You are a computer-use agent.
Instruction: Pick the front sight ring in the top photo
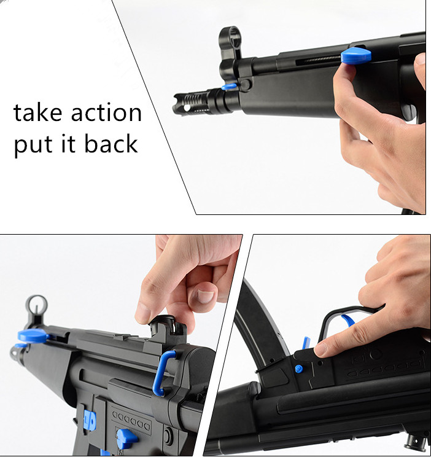(230, 38)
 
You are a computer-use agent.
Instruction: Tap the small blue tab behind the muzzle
(230, 87)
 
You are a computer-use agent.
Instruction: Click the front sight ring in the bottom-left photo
(37, 305)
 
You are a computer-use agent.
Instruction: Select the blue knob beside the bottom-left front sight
(32, 336)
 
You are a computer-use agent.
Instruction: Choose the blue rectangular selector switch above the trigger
(90, 420)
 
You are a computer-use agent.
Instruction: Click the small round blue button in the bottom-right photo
(299, 369)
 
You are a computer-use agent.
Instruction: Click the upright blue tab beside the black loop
(305, 342)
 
